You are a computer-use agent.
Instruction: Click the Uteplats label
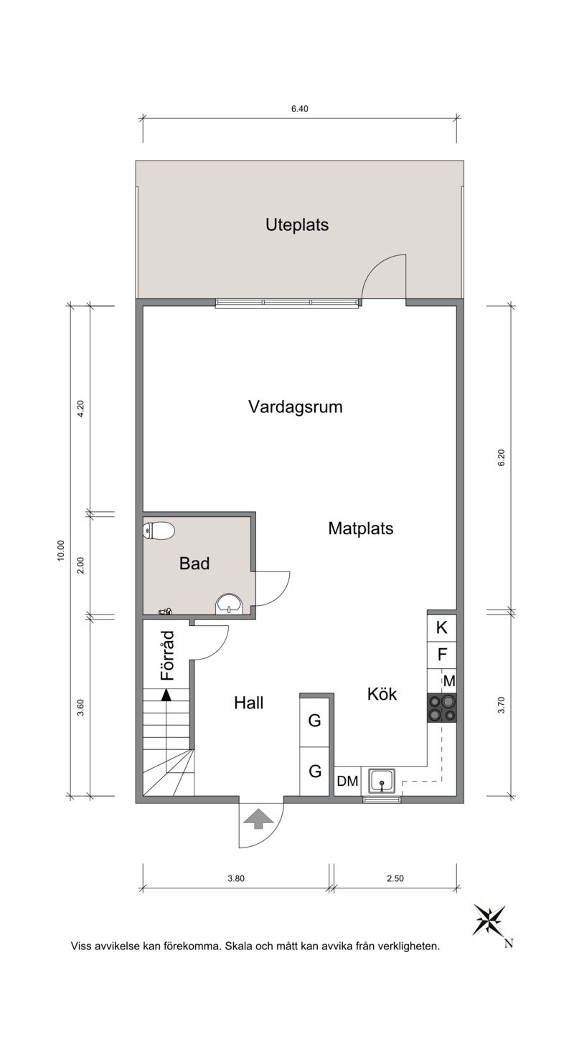click(297, 224)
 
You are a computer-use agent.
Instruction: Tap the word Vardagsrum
click(296, 407)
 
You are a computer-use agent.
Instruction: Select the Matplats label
click(361, 528)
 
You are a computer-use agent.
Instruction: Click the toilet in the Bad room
click(159, 531)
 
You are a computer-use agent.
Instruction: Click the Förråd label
click(167, 655)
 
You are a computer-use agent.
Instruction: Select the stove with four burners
click(442, 707)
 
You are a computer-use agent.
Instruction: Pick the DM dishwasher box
click(347, 781)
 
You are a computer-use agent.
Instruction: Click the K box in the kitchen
click(442, 628)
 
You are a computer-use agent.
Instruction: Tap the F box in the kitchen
click(442, 655)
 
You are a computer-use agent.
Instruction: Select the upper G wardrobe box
click(315, 721)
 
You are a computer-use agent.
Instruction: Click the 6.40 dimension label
click(299, 109)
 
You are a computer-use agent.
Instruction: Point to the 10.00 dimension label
click(60, 551)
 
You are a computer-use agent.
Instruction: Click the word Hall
click(248, 703)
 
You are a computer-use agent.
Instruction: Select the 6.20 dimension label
click(502, 457)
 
